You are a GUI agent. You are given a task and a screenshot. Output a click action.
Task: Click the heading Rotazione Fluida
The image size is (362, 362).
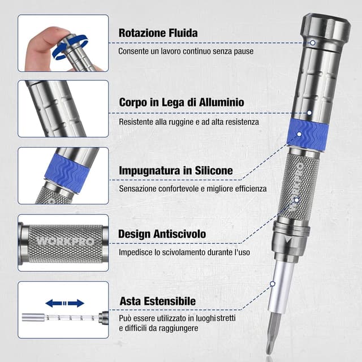158,33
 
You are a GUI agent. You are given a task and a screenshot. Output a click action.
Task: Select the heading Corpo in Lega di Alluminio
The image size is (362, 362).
181,102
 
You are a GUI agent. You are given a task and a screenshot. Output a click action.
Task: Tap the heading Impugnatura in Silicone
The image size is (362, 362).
175,170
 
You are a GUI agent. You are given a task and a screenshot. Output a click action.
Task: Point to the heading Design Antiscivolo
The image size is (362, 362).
162,234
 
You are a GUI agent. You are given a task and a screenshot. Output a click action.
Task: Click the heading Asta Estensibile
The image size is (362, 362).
157,301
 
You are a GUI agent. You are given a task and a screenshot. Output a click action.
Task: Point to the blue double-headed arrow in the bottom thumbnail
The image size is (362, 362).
64,303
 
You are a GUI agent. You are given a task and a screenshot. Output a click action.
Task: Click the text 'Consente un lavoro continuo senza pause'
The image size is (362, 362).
185,51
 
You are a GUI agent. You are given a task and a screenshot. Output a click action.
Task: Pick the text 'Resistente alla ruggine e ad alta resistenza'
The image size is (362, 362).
188,122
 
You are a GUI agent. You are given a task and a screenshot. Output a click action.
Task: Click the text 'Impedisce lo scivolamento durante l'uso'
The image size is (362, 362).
184,252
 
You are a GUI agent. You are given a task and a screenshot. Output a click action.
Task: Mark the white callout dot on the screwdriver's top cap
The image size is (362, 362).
312,42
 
